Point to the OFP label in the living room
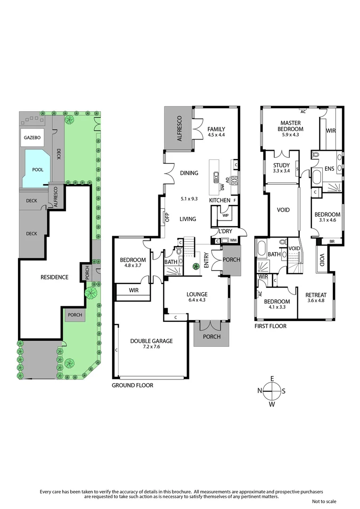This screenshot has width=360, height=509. [166, 217]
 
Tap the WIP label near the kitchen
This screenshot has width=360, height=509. [225, 215]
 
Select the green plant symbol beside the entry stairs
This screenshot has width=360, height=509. [195, 267]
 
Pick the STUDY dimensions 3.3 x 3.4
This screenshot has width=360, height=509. [281, 171]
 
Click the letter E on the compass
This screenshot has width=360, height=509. [272, 378]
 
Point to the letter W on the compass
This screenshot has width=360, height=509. [272, 404]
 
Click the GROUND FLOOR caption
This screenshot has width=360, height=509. [132, 385]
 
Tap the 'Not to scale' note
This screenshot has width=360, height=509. [324, 501]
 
